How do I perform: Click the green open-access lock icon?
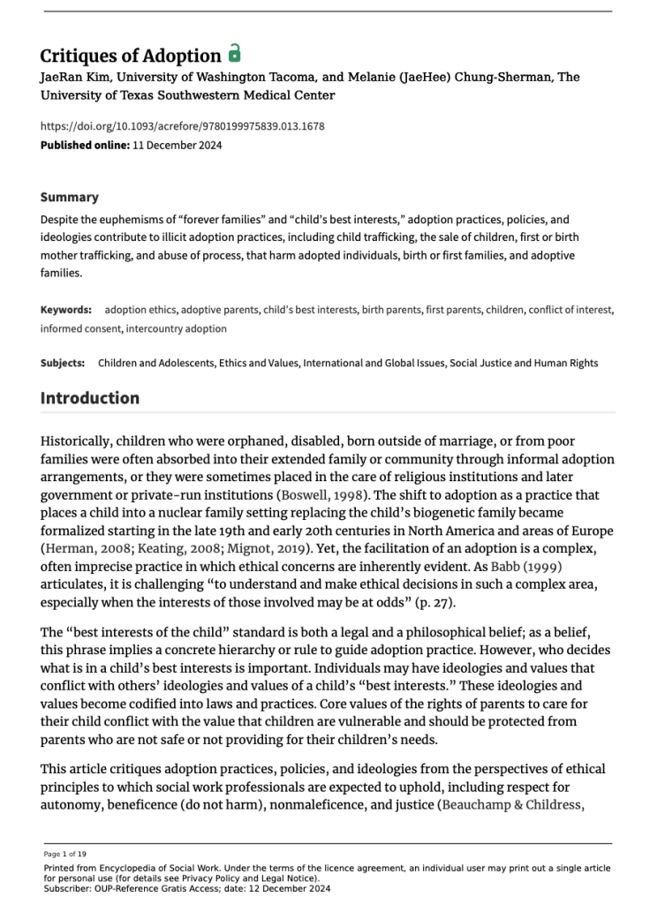234,52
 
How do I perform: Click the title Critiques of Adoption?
131,56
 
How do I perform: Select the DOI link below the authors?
183,126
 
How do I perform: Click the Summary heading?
70,197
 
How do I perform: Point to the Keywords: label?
66,310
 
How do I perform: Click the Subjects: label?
63,363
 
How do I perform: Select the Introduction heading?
90,398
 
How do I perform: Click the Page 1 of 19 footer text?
64,854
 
